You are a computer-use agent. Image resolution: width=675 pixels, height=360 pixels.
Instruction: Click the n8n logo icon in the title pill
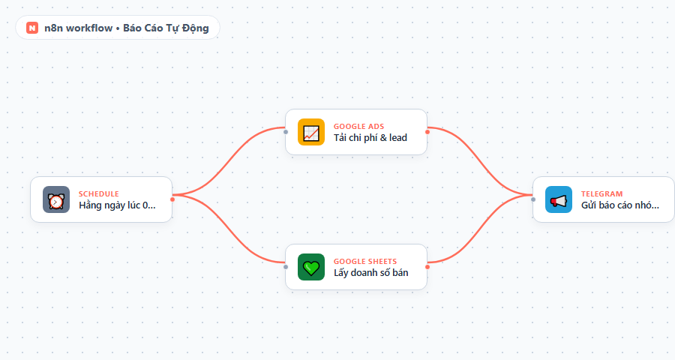point(32,28)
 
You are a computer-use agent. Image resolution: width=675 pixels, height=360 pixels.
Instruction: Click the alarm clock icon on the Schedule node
point(56,199)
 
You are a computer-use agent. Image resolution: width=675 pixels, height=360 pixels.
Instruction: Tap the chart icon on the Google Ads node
point(311,132)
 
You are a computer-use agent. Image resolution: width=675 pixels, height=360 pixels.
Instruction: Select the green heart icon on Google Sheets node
point(311,267)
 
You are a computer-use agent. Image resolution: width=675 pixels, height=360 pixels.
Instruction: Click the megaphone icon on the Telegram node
point(559,199)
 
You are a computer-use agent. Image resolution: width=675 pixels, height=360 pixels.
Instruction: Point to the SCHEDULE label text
point(98,194)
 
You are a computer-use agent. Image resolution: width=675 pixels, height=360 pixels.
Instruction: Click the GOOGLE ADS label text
point(358,127)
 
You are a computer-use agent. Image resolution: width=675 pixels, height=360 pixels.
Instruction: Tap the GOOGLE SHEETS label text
point(365,262)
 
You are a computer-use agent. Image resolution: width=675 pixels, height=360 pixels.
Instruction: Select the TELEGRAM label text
point(601,194)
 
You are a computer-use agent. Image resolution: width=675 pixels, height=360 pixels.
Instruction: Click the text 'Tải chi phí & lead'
point(370,138)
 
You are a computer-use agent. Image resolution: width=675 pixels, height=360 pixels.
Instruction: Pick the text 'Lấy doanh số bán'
point(370,272)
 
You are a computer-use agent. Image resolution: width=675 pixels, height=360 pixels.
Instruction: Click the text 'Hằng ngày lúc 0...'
point(117,205)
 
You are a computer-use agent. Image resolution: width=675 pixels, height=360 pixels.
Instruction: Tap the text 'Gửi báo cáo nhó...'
point(620,205)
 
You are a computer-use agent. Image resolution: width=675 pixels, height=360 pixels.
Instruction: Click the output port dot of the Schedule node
point(172,199)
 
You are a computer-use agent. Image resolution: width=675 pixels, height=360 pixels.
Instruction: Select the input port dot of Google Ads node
point(286,132)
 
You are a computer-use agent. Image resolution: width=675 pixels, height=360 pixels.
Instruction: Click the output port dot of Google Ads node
point(427,132)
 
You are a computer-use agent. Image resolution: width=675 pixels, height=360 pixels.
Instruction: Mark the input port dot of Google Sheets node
point(286,267)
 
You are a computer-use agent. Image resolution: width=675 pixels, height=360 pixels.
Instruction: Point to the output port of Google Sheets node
point(427,267)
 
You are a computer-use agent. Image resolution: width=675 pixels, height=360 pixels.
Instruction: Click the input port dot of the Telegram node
point(533,199)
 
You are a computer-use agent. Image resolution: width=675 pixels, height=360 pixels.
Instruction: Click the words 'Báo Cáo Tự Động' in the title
point(166,28)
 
